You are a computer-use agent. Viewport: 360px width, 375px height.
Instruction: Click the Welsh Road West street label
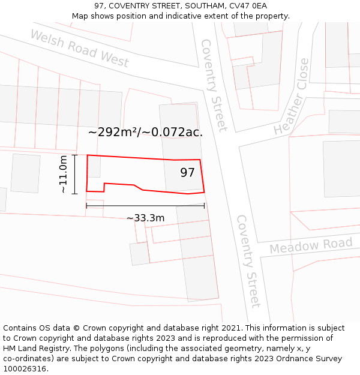79,49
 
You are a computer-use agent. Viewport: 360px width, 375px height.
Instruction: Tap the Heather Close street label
292,97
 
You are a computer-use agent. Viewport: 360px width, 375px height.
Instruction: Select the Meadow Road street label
311,245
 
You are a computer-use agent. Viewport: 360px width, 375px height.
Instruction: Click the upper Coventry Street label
214,85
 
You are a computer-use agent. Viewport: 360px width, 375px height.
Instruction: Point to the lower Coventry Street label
248,260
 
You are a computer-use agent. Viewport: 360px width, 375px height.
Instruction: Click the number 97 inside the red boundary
188,173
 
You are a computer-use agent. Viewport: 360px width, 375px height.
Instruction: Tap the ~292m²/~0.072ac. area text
145,132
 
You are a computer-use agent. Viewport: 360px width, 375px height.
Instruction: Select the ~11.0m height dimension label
64,175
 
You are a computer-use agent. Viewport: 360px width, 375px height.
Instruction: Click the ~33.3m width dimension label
145,218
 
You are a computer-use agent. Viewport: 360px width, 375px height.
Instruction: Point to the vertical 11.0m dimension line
75,175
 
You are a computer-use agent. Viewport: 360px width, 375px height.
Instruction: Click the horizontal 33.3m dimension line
145,206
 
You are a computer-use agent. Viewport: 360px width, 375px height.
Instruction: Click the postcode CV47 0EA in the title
247,6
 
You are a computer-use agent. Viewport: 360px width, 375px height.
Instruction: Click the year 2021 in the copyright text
231,328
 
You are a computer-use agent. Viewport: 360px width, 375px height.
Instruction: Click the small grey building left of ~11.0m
25,173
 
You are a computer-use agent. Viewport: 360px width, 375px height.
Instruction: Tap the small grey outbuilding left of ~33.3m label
139,254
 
